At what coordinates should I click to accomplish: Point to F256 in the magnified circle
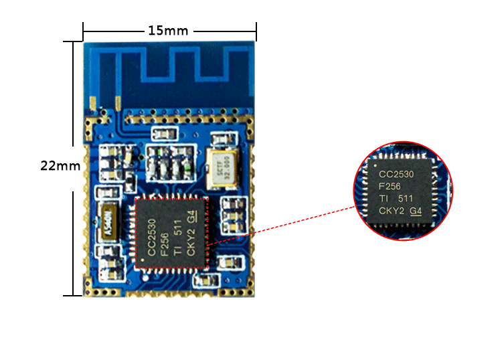click(390, 187)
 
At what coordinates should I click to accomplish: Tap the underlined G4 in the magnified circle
click(416, 211)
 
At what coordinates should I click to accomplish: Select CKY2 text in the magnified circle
click(392, 211)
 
